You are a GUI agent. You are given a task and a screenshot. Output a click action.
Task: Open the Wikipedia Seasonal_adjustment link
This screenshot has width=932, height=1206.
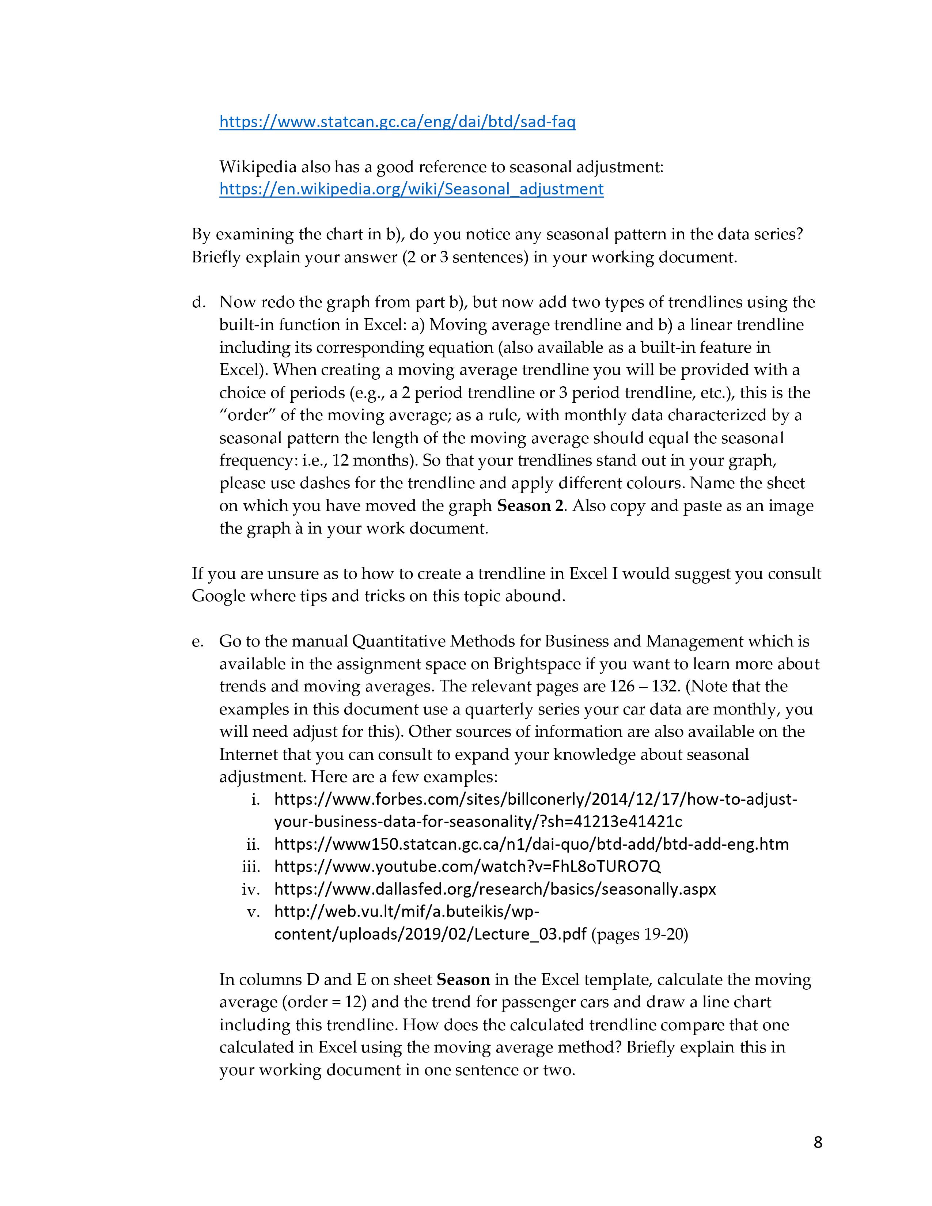(x=411, y=189)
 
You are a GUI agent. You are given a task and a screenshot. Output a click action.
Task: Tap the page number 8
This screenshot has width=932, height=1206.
(x=818, y=1142)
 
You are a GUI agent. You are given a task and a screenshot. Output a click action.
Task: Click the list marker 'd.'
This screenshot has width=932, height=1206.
(x=199, y=302)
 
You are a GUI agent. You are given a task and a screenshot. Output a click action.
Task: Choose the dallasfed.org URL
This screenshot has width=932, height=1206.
(x=495, y=889)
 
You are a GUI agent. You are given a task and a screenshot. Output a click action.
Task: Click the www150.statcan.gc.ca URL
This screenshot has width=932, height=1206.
(x=531, y=844)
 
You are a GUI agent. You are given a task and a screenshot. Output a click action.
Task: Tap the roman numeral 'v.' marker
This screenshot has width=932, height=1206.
(x=253, y=912)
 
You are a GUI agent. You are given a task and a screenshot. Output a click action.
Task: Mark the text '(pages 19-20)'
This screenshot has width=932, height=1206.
(x=639, y=934)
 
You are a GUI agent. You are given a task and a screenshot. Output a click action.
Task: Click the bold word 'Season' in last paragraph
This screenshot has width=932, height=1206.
(x=463, y=979)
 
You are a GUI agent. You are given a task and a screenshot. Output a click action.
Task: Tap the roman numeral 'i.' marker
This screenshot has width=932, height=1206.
(x=255, y=799)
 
